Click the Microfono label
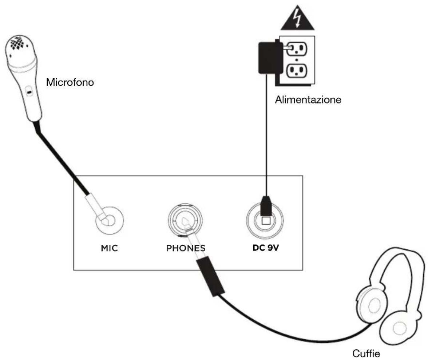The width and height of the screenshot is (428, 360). [70, 82]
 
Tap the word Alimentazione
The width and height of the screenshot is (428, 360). [308, 100]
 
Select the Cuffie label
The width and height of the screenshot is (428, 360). [366, 353]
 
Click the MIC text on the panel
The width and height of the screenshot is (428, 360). [109, 248]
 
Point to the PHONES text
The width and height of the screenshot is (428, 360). [186, 248]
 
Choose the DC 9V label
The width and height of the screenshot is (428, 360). [266, 248]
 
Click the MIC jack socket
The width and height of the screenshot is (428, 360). [110, 220]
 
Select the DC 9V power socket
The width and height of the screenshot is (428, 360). [265, 220]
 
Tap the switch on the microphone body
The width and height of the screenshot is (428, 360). [28, 91]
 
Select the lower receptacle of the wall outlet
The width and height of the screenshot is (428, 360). [297, 71]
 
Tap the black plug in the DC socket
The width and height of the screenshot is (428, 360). [266, 206]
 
